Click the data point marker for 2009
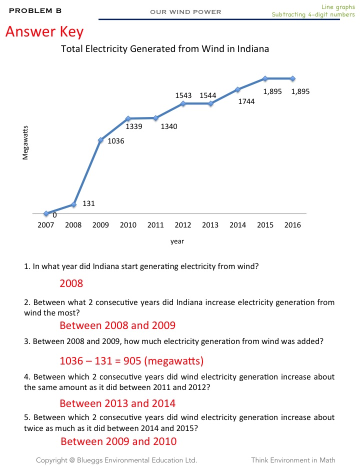click(x=101, y=140)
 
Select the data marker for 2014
click(x=238, y=89)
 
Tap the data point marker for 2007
click(x=46, y=213)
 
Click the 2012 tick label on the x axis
click(x=183, y=225)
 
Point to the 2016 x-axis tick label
click(x=292, y=225)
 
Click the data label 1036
click(x=116, y=141)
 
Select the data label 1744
click(x=246, y=101)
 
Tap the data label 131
click(x=88, y=203)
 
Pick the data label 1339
click(x=134, y=126)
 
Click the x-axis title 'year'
click(x=177, y=241)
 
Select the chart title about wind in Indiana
click(x=165, y=49)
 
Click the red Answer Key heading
click(x=44, y=32)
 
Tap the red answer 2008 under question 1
click(x=71, y=283)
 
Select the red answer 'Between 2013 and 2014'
click(x=117, y=403)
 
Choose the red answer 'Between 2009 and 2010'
click(x=118, y=441)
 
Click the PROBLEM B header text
click(x=35, y=10)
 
